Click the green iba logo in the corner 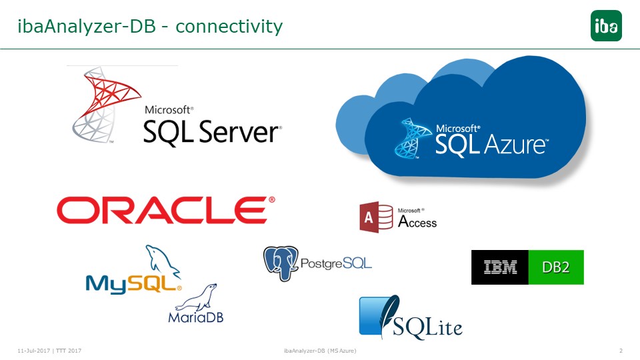tap(606, 26)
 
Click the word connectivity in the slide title tap(229, 27)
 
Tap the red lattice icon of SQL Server tap(106, 105)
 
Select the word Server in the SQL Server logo tap(239, 132)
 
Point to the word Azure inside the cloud tap(516, 145)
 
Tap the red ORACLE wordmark tap(166, 210)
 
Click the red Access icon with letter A tap(376, 217)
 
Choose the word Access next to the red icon tap(417, 221)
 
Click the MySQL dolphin tap(162, 261)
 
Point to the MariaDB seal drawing tap(197, 298)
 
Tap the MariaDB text tap(196, 317)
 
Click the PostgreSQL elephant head tap(281, 263)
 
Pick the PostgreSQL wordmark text tap(336, 263)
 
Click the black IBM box tap(499, 267)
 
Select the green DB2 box tap(556, 267)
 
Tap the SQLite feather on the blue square tap(388, 315)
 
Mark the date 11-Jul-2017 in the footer tap(34, 351)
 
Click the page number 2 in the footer tap(621, 351)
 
